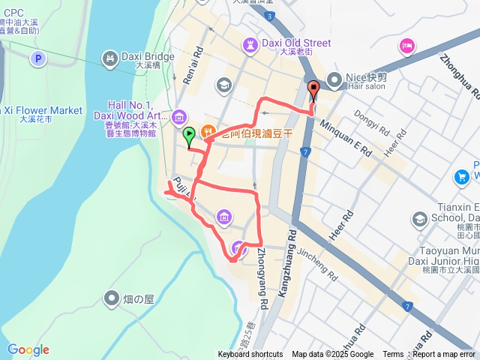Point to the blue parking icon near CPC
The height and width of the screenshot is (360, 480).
37,58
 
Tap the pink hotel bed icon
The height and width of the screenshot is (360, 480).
407,46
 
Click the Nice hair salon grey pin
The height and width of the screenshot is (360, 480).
334,78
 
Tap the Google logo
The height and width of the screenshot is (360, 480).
28,349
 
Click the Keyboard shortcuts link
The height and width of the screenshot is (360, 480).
250,355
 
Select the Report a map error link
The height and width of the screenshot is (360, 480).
444,355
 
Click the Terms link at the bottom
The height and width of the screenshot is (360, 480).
393,355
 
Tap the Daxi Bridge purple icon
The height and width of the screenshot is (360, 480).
110,56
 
